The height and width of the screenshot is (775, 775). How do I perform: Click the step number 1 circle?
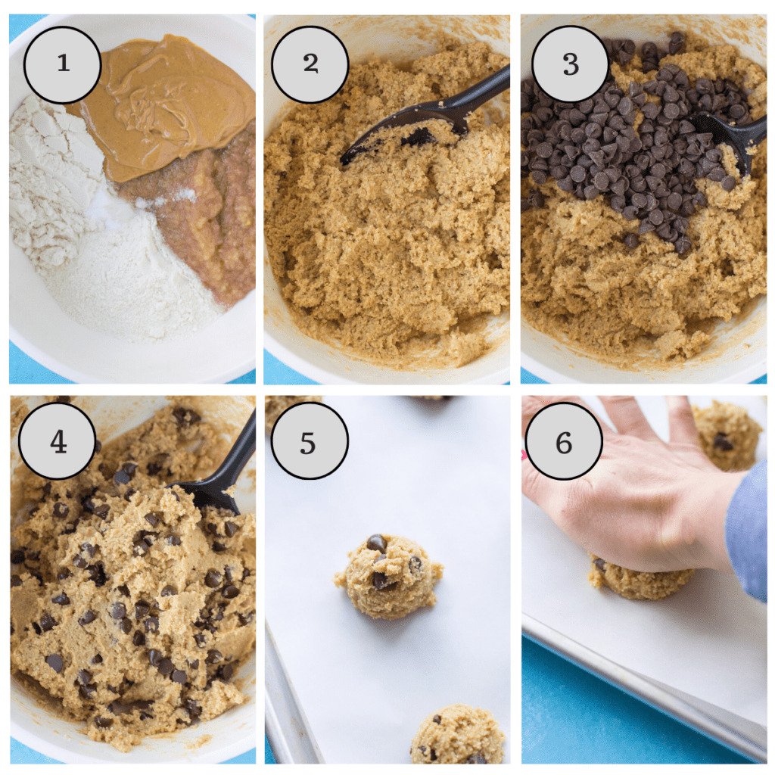point(62,64)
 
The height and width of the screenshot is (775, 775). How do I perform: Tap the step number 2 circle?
point(310,64)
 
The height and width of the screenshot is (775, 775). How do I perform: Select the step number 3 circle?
point(570,64)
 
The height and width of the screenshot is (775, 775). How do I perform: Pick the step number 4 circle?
point(58,441)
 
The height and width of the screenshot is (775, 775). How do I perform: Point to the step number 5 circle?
point(309,441)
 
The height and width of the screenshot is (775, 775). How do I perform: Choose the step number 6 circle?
point(564,441)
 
